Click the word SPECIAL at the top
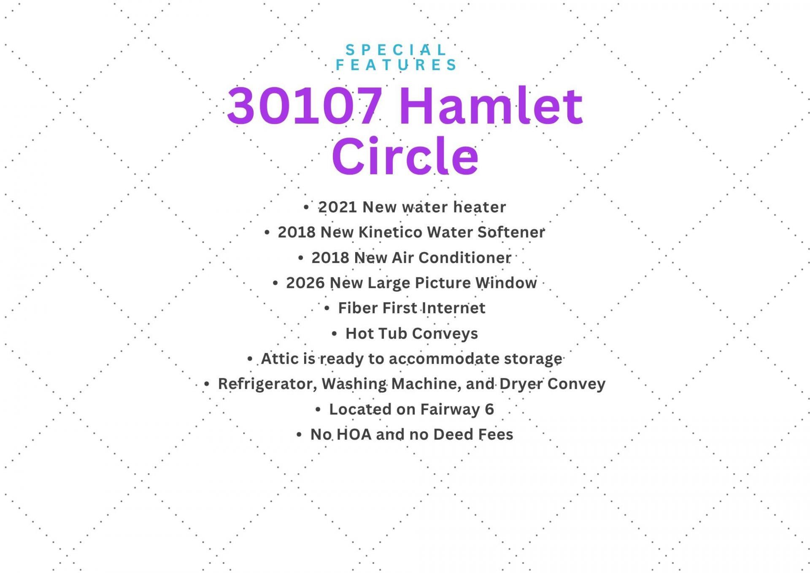click(x=396, y=50)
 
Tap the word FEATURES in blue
click(x=396, y=65)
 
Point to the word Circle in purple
click(x=405, y=155)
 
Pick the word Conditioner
click(x=465, y=258)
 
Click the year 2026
click(x=305, y=283)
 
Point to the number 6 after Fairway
click(x=489, y=409)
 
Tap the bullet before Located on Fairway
click(x=318, y=410)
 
